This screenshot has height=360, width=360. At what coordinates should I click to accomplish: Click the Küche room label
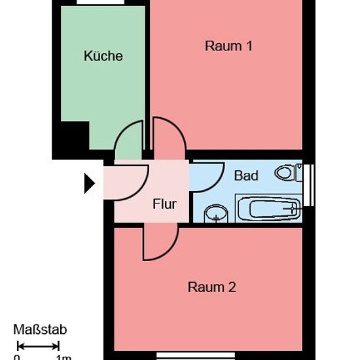pos(103,56)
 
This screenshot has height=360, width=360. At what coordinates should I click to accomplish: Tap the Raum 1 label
pos(228,46)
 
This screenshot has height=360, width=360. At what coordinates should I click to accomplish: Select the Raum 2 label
pos(211,287)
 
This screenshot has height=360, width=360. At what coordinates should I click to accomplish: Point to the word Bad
pos(246,175)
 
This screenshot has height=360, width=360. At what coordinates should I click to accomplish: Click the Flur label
pos(164,204)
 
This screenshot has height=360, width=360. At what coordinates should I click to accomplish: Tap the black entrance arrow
pos(90,183)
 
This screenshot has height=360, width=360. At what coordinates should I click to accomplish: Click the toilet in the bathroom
pos(288,173)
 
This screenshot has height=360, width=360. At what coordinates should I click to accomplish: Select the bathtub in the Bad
pos(268,208)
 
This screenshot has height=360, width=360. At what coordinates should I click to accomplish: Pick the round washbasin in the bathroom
pos(216,213)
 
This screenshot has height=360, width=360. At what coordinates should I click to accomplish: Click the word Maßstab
pos(40,330)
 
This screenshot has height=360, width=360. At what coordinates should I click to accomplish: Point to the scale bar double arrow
pos(39,346)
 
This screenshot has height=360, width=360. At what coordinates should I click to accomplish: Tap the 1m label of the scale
pos(64,357)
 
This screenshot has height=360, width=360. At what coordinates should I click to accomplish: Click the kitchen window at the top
pos(100,2)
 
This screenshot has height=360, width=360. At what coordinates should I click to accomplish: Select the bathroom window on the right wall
pos(308,185)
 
